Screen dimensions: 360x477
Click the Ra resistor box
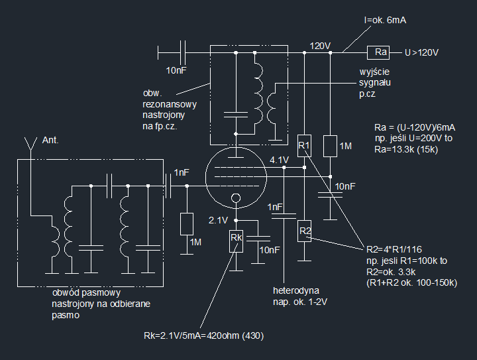[x=380, y=52]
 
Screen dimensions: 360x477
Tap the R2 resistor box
[x=304, y=231]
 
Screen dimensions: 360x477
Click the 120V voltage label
[x=320, y=46]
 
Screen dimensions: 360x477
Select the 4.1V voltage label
[x=279, y=160]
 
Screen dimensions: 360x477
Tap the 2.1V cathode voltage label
[x=218, y=219]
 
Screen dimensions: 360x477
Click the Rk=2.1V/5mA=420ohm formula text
[x=203, y=336]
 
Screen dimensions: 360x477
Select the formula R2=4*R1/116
[x=394, y=250]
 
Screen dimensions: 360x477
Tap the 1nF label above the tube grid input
[x=182, y=172]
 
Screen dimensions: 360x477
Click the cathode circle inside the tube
[x=235, y=199]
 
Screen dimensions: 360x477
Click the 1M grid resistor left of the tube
[x=187, y=223]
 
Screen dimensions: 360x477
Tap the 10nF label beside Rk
[x=270, y=250]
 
